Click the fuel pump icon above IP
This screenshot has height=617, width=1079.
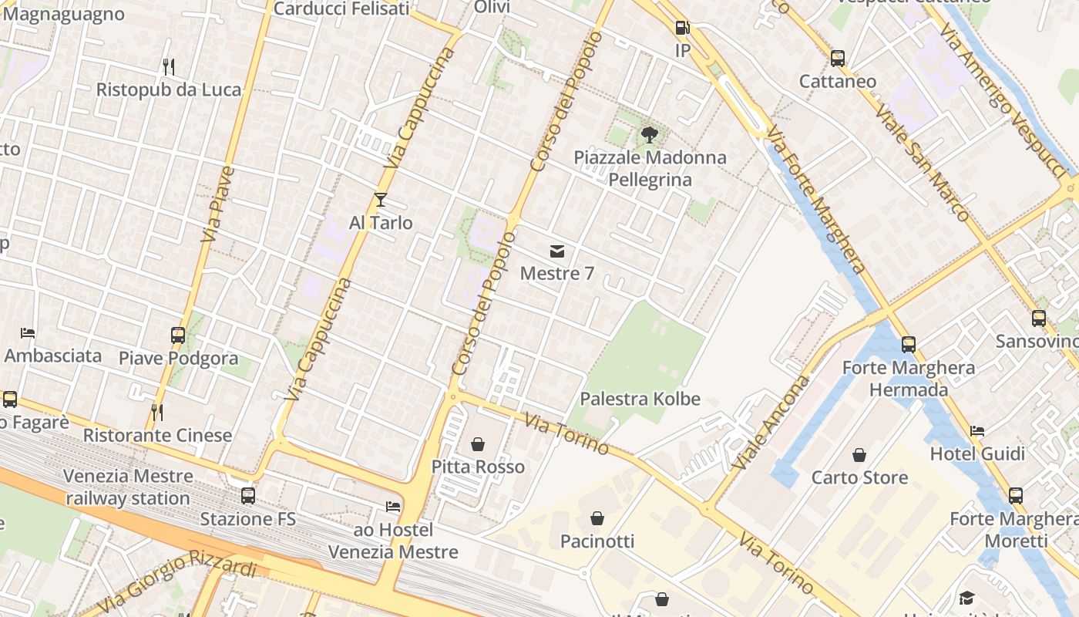pos(682,29)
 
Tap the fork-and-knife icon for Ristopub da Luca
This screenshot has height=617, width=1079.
pos(169,67)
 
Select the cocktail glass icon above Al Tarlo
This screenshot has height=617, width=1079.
pos(381,201)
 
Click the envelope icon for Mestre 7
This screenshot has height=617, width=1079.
pos(556,251)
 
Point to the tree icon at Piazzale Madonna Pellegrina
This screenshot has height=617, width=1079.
pos(650,135)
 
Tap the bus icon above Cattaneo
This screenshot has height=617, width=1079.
pos(838,59)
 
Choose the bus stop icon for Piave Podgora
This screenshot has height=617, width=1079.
pos(178,335)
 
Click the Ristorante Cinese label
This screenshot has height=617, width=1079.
pos(157,435)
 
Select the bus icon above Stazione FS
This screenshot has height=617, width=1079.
pos(248,496)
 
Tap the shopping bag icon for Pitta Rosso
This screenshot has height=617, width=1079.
pos(478,444)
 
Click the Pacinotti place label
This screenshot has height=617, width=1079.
pos(597,541)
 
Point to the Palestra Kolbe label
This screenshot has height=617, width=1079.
pos(640,399)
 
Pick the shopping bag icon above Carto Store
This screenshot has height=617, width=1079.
pos(859,455)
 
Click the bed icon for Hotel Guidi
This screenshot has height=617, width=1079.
pos(977,431)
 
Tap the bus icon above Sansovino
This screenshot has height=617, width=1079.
pos(1039,318)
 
